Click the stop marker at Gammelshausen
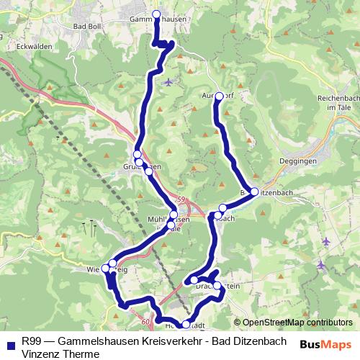156,14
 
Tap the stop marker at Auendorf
220,96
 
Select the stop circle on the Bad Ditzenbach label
254,192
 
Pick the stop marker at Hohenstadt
186,324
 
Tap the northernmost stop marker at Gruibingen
137,155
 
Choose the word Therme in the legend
80,353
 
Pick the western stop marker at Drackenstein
195,280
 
